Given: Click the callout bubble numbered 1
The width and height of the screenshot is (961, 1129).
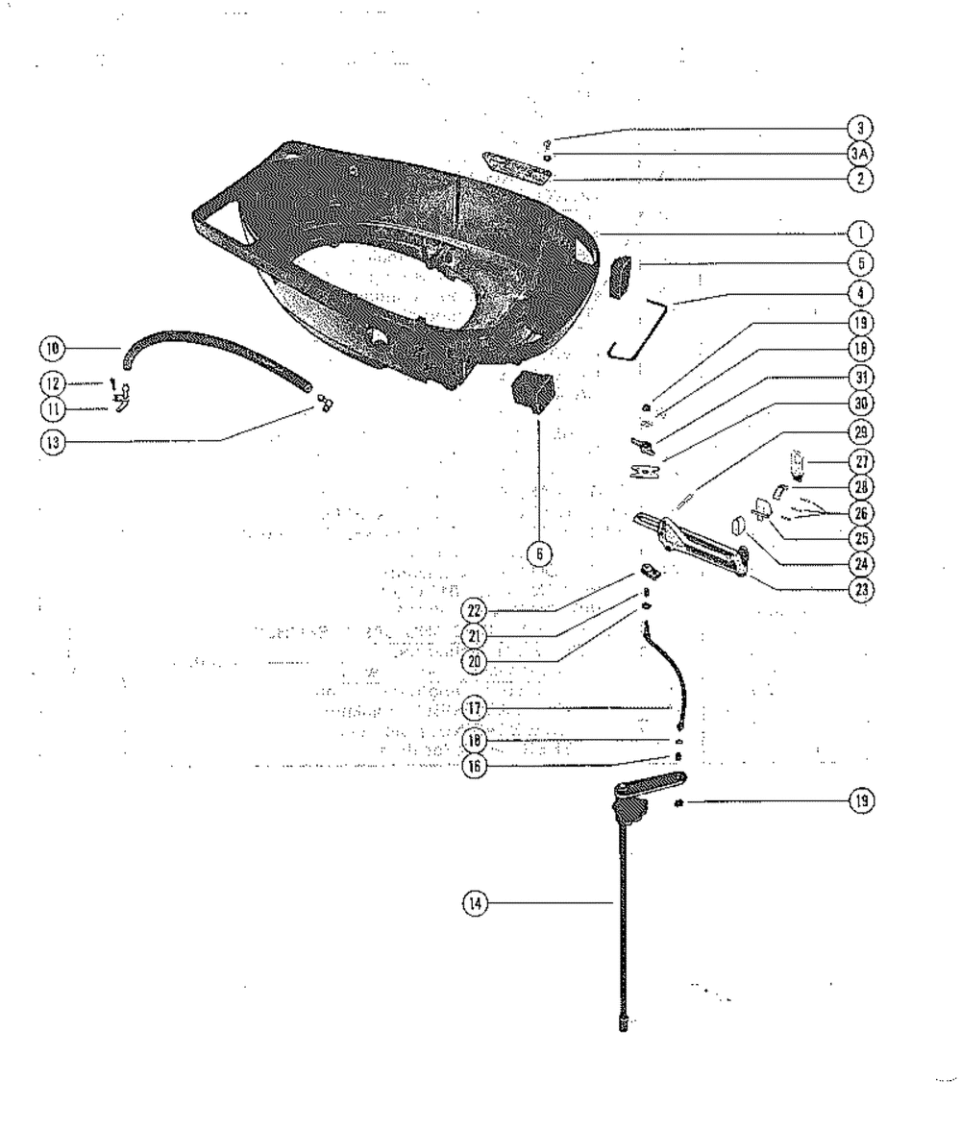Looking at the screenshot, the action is (860, 232).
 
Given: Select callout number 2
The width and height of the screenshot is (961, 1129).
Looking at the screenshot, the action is (860, 178).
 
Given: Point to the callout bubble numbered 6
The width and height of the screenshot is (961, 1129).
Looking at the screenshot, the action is (538, 552).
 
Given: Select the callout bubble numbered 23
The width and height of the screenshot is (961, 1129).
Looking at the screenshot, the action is (860, 590).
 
